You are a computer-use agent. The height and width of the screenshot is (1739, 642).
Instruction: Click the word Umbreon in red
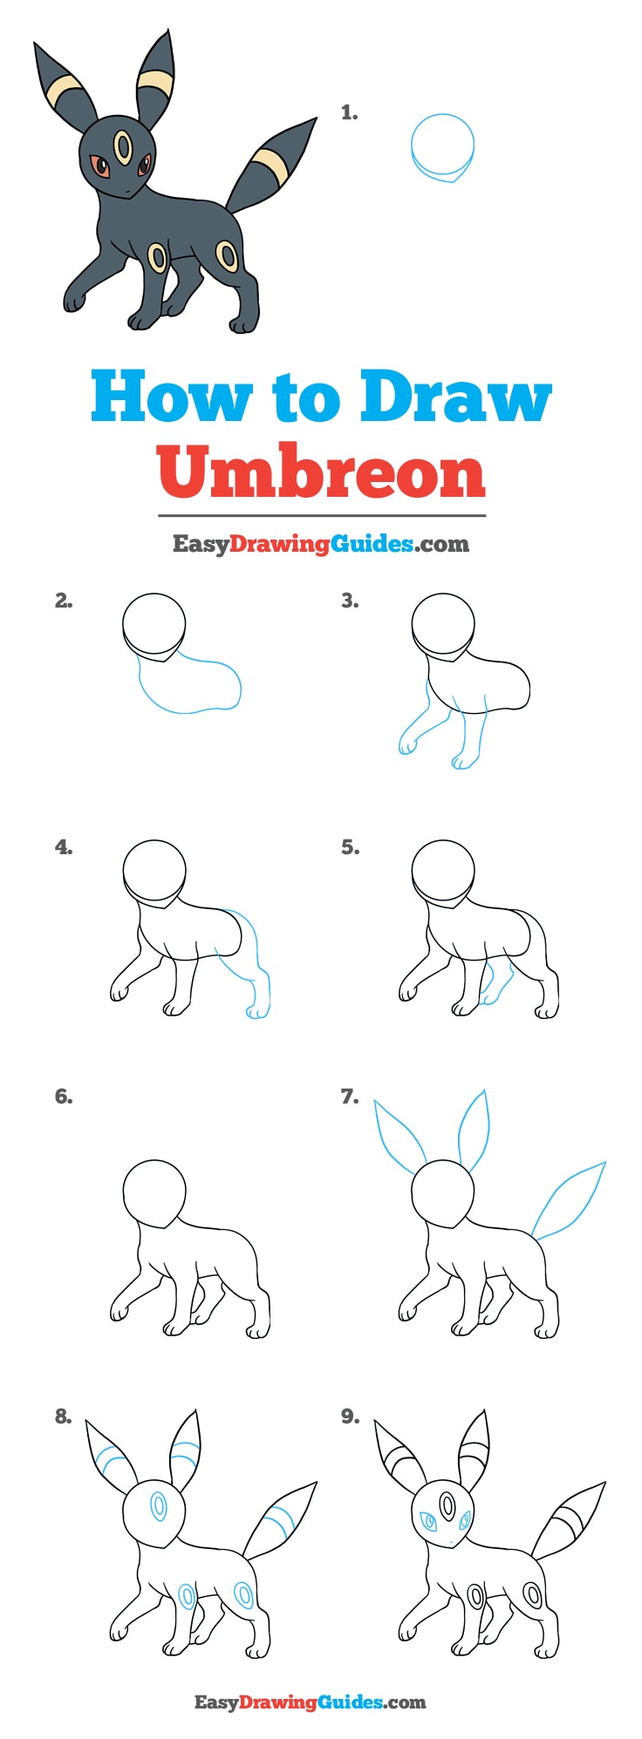pos(321,472)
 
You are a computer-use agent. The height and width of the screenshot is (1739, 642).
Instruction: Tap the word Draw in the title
pos(455,397)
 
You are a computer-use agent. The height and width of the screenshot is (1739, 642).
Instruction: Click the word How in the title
pos(170,397)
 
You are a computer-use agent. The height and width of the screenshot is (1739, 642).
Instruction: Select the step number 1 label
pos(349,112)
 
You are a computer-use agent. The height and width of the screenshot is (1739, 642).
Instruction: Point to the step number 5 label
pos(350,847)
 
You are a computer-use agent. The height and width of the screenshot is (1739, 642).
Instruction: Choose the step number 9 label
pos(350,1417)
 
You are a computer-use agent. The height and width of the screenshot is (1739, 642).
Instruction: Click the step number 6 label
pos(64,1097)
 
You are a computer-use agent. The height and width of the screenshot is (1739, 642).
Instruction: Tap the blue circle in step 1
pos(442,146)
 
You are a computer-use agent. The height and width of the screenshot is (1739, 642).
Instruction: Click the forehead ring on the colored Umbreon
pos(125,146)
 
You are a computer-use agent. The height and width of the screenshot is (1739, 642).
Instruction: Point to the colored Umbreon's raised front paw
pos(73,300)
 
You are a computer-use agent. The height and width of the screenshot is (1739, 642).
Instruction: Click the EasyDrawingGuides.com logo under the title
pos(320,544)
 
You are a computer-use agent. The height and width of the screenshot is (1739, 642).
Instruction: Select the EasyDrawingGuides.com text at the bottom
pos(310,1701)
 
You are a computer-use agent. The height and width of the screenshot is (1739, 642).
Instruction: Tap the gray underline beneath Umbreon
pos(321,515)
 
